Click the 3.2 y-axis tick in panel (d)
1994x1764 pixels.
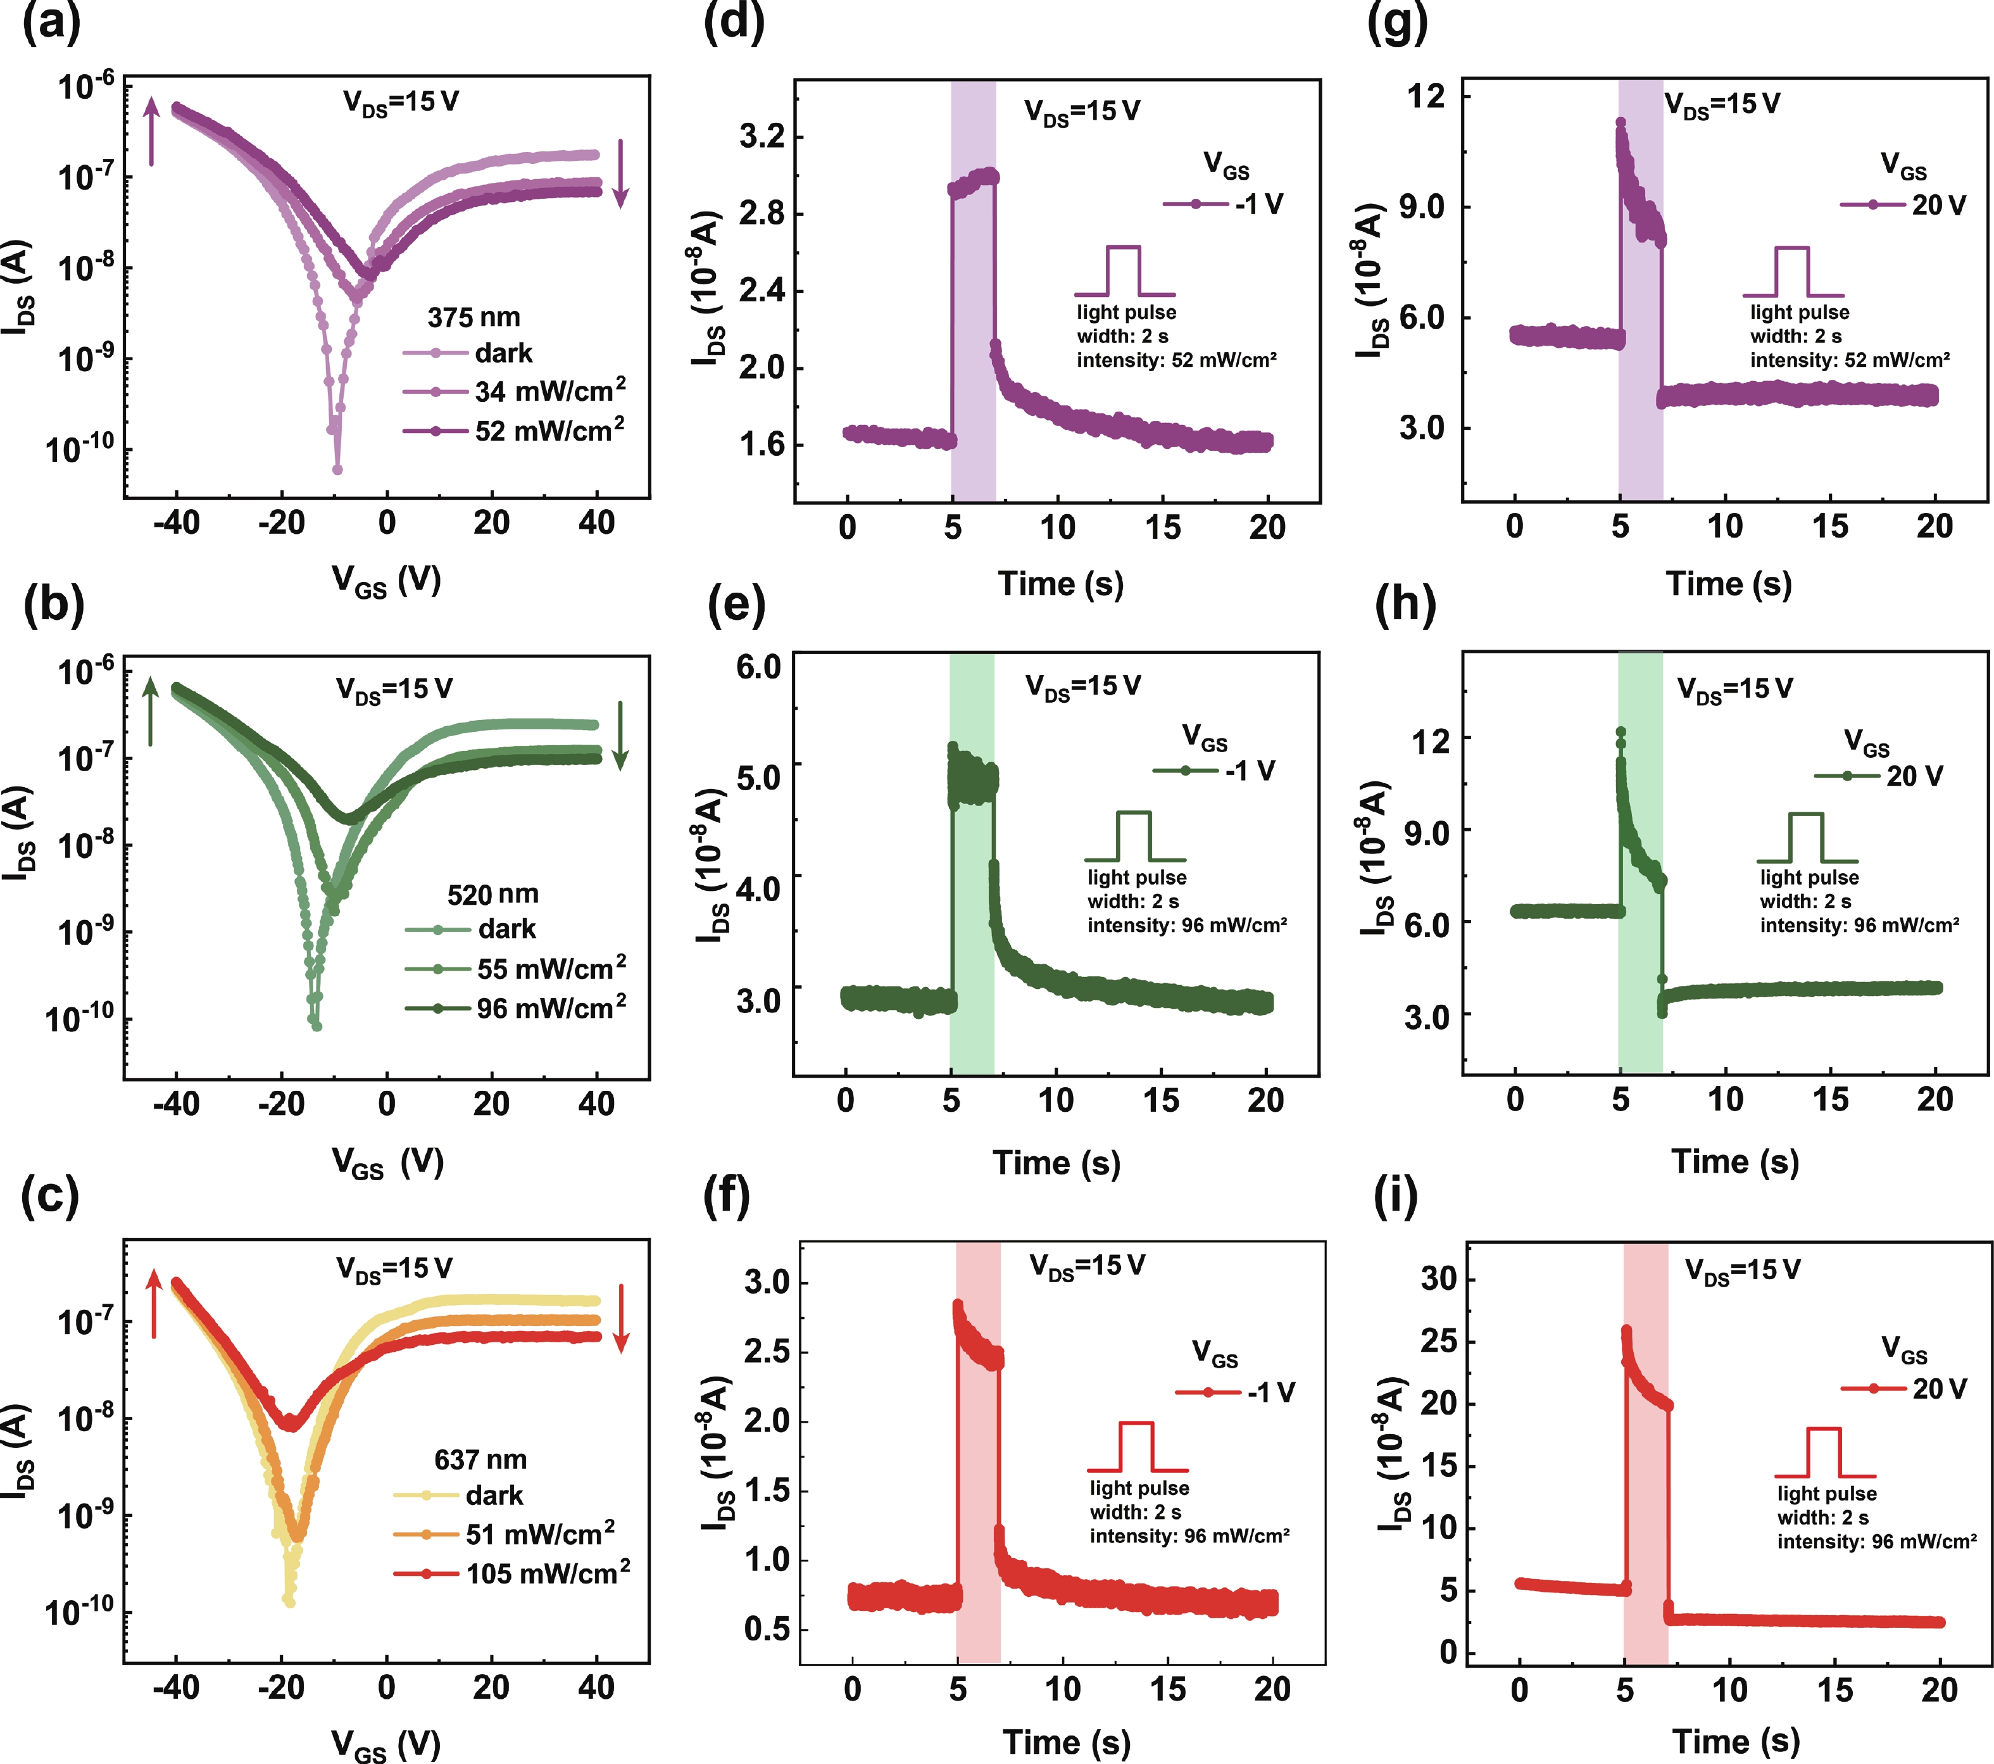point(762,137)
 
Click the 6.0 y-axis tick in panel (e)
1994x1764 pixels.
point(758,667)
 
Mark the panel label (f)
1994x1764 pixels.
point(727,1198)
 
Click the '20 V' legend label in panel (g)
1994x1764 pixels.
point(1938,205)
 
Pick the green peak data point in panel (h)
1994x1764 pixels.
point(1621,732)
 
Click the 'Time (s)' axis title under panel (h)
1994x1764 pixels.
point(1734,1161)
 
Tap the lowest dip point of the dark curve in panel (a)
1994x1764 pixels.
point(337,469)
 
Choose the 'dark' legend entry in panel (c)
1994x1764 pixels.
point(494,1495)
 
